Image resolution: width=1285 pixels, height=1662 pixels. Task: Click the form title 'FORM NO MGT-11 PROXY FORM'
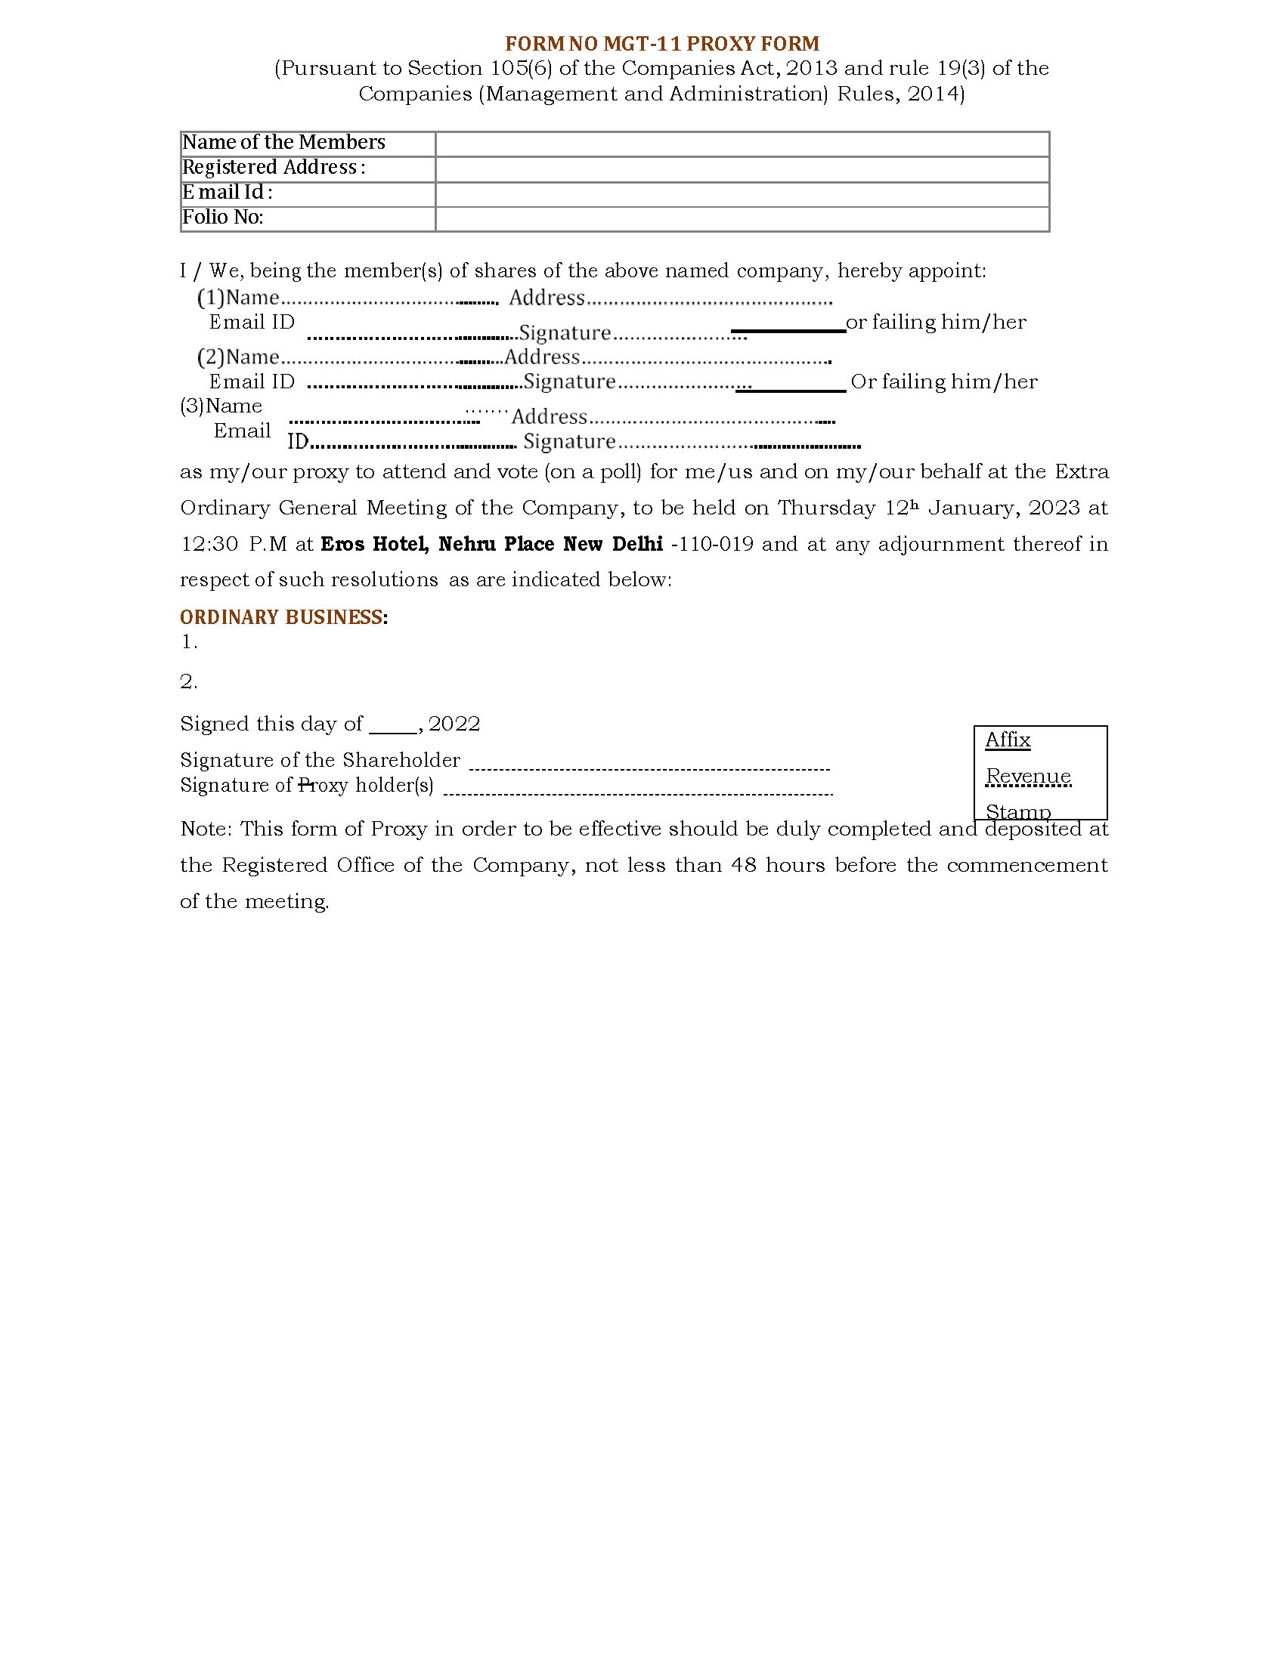coord(662,43)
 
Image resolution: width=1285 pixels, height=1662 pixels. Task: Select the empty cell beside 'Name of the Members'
coord(742,144)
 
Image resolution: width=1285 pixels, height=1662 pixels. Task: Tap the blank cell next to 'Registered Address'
coord(742,169)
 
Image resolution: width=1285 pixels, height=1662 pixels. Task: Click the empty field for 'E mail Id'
coord(742,194)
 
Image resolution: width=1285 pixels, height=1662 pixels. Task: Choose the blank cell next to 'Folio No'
coord(742,219)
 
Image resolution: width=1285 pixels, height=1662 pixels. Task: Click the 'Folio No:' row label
coord(222,218)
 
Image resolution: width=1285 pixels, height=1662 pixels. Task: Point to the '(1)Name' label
coord(238,298)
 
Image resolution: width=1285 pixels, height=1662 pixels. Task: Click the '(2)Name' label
coord(238,357)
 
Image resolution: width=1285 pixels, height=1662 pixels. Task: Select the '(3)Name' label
coord(221,406)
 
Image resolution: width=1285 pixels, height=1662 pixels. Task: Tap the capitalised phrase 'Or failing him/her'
coord(943,382)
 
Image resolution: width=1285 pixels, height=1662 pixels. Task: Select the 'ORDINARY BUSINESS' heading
coord(281,617)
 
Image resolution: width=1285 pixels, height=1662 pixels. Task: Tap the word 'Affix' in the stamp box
coord(1007,740)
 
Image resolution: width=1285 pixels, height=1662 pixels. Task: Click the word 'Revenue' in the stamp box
coord(1028,776)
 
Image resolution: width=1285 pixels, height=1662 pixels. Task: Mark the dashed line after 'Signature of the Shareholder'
coord(649,768)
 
